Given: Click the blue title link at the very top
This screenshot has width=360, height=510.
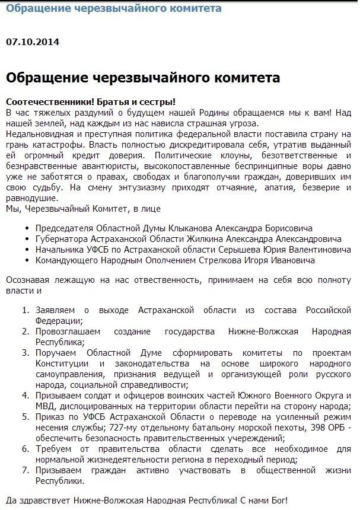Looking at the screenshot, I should pos(114,8).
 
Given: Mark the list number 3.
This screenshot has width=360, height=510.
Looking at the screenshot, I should pos(26,352).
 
